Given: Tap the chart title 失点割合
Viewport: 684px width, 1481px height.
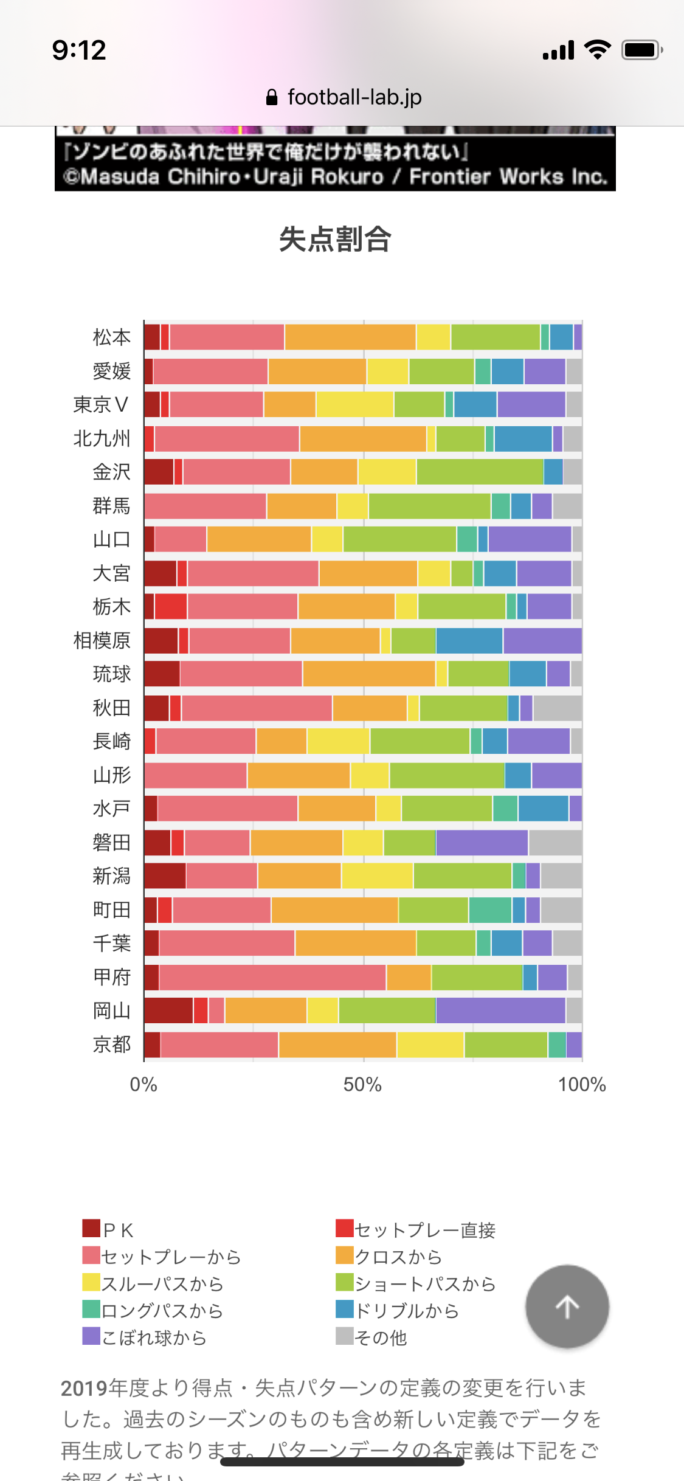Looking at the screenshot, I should pyautogui.click(x=335, y=239).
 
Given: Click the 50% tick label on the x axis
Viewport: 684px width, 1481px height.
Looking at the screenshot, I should pyautogui.click(x=362, y=1085).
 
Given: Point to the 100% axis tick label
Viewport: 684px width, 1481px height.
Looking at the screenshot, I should pyautogui.click(x=582, y=1085).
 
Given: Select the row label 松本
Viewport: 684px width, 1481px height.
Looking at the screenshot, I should pyautogui.click(x=112, y=337).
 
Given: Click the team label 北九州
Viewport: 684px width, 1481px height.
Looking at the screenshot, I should pyautogui.click(x=102, y=438).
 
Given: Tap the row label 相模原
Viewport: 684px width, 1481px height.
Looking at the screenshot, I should pyautogui.click(x=102, y=640).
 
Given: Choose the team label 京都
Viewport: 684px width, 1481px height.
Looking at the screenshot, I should pyautogui.click(x=112, y=1044).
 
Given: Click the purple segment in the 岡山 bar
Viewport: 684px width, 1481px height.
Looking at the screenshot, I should pyautogui.click(x=500, y=1010).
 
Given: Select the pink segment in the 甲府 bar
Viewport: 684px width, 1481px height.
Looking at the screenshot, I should pyautogui.click(x=272, y=977).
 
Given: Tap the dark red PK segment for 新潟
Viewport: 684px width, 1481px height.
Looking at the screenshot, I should pyautogui.click(x=165, y=875).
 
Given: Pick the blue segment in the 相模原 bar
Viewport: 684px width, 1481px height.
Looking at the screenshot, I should pyautogui.click(x=469, y=640).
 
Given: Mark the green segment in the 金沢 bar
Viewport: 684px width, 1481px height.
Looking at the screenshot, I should pyautogui.click(x=480, y=472).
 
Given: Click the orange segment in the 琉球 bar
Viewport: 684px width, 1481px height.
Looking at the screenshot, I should pyautogui.click(x=369, y=674).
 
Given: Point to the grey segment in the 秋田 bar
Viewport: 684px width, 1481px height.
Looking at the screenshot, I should pyautogui.click(x=558, y=708).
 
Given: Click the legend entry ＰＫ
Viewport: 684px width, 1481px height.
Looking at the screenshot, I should pyautogui.click(x=109, y=1230).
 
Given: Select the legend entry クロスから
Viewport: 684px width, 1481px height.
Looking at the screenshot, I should pyautogui.click(x=389, y=1257).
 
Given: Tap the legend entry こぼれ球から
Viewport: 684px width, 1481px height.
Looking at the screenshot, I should pyautogui.click(x=146, y=1338).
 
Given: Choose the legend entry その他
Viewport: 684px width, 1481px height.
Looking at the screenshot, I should pyautogui.click(x=372, y=1338).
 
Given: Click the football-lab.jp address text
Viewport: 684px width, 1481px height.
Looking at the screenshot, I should pyautogui.click(x=354, y=97).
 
